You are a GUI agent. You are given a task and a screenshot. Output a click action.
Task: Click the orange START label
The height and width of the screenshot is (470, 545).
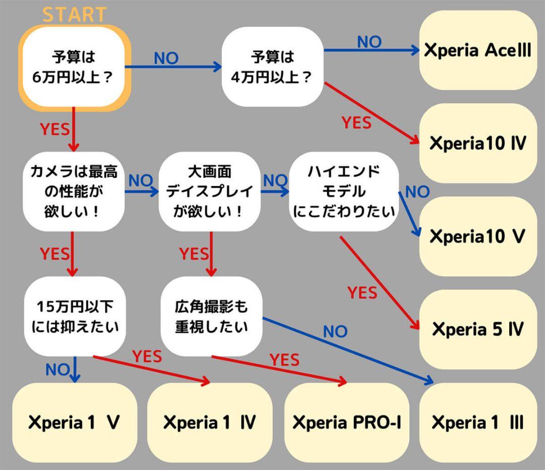[x=74, y=15]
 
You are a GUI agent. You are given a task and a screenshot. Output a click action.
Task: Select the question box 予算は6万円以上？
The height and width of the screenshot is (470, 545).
[x=74, y=67]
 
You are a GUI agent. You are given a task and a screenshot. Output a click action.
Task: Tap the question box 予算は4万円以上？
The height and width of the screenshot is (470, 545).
[x=272, y=67]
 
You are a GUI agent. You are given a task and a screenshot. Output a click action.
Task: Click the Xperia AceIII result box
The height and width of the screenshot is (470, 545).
[x=477, y=51]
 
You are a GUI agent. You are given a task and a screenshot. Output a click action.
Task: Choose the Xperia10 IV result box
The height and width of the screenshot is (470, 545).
[x=477, y=144]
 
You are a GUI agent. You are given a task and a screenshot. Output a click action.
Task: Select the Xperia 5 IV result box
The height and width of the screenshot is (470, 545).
[x=477, y=329]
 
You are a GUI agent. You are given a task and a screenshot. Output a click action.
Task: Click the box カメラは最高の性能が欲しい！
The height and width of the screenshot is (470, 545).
[x=74, y=192]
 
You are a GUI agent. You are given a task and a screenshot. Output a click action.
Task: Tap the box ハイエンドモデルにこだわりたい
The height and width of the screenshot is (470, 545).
[x=344, y=192]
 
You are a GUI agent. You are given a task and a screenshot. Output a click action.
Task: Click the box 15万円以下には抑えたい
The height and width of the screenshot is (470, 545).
[x=74, y=316]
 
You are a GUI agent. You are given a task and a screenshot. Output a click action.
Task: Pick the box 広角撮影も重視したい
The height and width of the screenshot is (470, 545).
[x=211, y=316]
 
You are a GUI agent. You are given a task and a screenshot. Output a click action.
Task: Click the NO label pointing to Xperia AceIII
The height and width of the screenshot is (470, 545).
[x=369, y=42]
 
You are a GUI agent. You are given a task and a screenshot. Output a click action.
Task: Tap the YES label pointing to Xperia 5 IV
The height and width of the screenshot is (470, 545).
[x=362, y=293]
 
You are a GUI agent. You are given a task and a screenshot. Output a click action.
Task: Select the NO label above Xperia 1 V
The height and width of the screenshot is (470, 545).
[x=57, y=370]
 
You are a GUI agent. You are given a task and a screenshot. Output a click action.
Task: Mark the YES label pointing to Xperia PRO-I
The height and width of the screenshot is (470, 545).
[x=284, y=360]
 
